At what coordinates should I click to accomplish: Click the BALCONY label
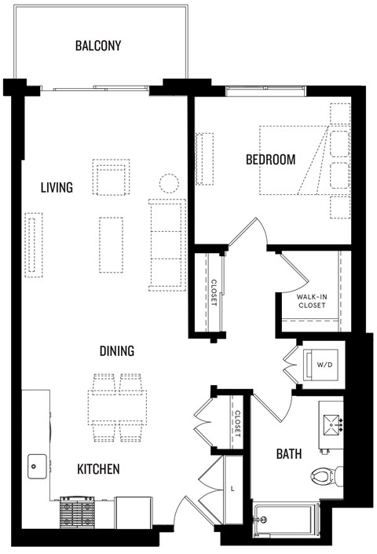tap(98, 46)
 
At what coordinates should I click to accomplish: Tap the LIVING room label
tap(57, 188)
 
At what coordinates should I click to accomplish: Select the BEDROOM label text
tap(270, 160)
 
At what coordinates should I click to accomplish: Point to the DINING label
tap(116, 351)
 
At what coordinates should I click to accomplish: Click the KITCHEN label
tap(98, 469)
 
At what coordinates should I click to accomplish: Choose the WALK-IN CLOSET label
tap(312, 301)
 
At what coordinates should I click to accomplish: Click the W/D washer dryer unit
tap(323, 364)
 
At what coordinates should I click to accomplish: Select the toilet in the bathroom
tap(325, 475)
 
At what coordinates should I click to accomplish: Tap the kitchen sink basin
tap(37, 466)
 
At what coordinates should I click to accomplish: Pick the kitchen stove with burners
tap(78, 512)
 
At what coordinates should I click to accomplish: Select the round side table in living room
tap(170, 185)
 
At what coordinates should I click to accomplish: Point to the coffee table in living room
tap(111, 244)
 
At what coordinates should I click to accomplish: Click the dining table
tap(117, 408)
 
